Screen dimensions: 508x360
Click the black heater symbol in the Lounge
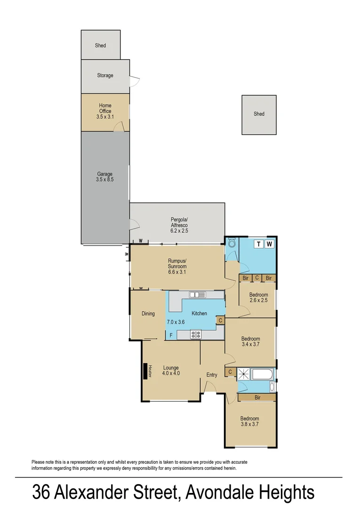tap(145, 372)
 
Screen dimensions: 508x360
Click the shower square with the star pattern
tap(244, 374)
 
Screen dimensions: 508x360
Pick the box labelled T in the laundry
tap(258, 244)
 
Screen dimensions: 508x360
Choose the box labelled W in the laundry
tap(269, 244)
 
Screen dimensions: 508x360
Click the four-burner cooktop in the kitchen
tap(196, 334)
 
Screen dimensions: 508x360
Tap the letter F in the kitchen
tap(171, 335)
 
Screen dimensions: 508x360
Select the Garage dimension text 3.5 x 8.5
tap(105, 179)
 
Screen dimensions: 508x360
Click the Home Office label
tap(105, 108)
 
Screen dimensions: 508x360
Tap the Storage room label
tap(105, 75)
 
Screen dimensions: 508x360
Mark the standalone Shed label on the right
tap(259, 114)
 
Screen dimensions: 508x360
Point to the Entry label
tap(212, 375)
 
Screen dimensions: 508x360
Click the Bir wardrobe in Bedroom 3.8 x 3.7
tap(257, 397)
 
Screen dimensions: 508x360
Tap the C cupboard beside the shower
tap(230, 373)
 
